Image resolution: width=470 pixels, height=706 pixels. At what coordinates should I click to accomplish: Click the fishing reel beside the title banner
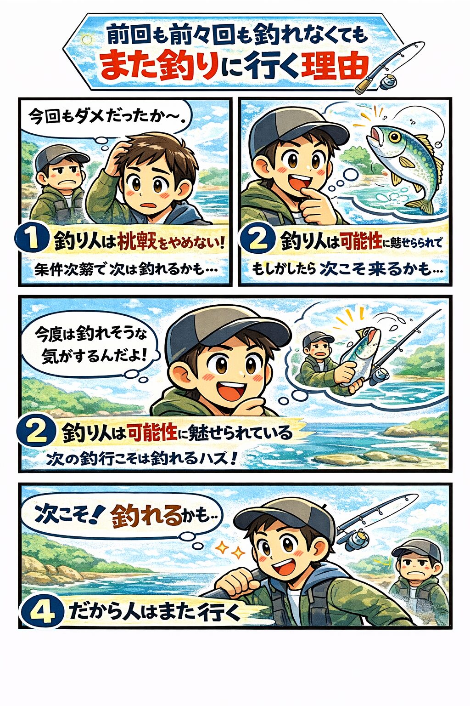[x=388, y=82]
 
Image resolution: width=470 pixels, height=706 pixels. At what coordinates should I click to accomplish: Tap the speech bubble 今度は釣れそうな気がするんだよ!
[x=92, y=345]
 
